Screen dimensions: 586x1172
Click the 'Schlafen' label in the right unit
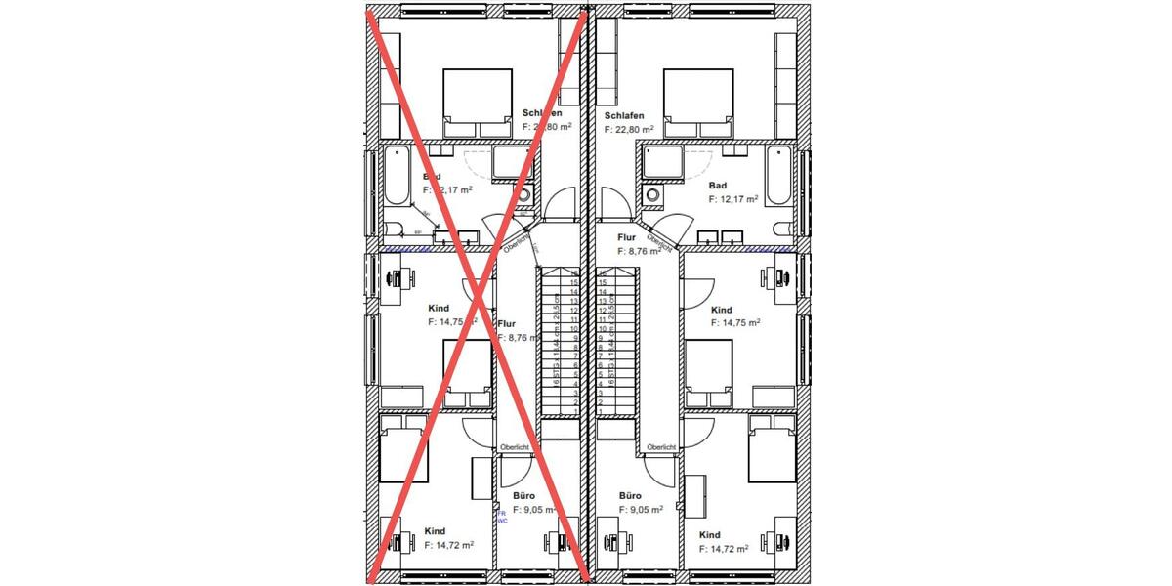click(x=624, y=115)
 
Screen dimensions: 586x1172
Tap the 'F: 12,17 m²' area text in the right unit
click(x=732, y=199)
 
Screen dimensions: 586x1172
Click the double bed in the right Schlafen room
click(x=698, y=103)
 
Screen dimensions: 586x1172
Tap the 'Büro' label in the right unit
click(x=631, y=495)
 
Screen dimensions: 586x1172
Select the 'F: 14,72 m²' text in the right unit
click(x=724, y=549)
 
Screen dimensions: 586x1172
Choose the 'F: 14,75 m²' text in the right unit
click(x=735, y=322)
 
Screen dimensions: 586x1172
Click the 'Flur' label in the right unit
click(x=627, y=237)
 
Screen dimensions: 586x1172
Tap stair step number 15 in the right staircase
click(x=603, y=282)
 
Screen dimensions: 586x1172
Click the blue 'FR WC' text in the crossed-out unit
click(x=502, y=517)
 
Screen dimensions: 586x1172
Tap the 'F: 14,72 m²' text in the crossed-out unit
click(x=449, y=545)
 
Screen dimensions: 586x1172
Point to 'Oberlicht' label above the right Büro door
click(x=661, y=448)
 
